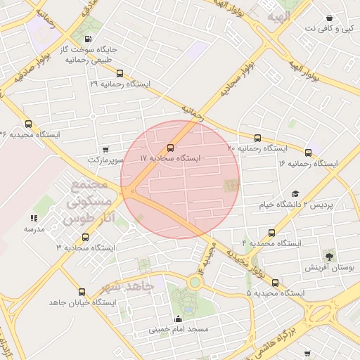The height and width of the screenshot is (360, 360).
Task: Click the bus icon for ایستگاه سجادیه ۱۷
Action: (171, 148)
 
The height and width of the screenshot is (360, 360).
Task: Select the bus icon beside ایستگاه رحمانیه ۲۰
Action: (257, 138)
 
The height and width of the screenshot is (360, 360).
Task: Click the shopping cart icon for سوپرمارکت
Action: (105, 149)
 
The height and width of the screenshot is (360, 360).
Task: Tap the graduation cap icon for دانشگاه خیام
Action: (295, 193)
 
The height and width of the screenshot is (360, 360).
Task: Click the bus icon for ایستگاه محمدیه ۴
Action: (271, 233)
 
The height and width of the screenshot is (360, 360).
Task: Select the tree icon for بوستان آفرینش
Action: (328, 254)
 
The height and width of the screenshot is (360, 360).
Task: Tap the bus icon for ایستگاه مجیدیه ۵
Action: (275, 283)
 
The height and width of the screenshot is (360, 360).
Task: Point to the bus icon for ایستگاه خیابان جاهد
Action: (82, 292)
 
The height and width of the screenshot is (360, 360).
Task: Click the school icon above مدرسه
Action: (34, 219)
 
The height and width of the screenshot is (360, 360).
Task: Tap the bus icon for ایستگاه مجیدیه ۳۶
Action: (28, 124)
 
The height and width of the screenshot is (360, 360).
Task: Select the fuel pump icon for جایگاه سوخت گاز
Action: (86, 39)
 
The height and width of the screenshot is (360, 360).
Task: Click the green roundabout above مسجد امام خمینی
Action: (194, 282)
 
